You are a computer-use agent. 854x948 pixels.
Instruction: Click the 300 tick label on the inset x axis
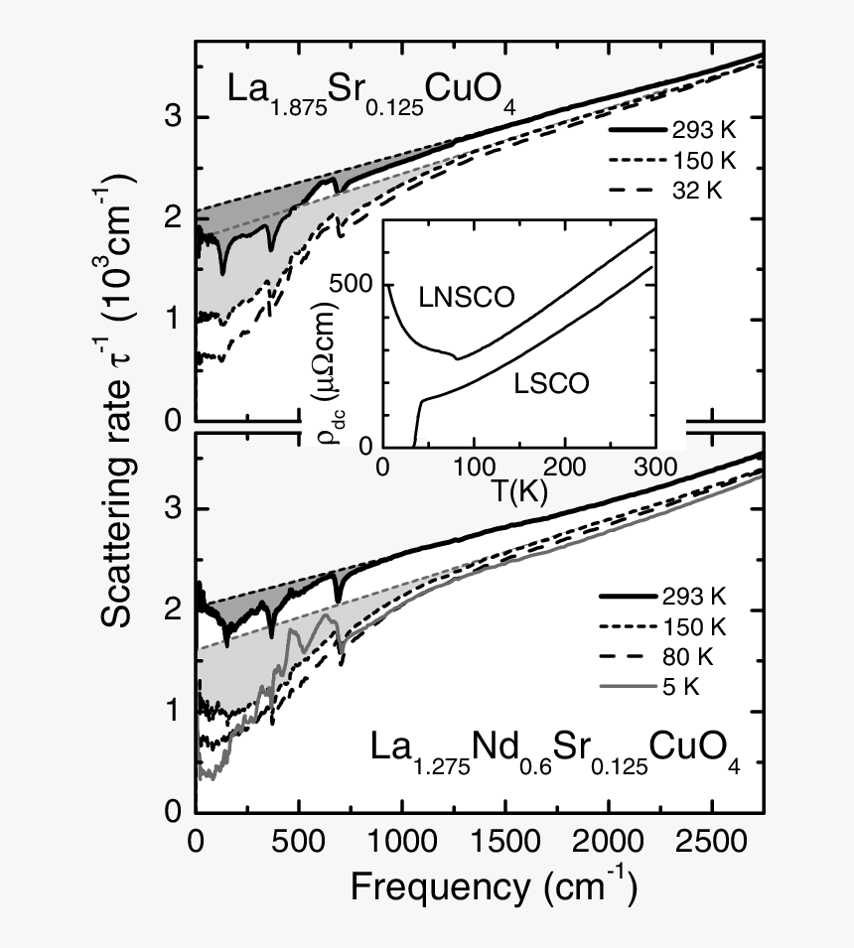(655, 466)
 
